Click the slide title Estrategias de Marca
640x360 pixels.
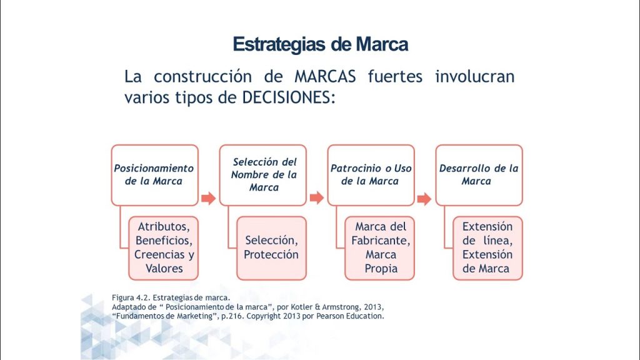(321, 44)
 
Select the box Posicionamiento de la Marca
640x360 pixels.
(155, 175)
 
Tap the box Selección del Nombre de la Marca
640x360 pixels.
(263, 175)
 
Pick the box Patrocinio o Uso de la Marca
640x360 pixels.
(371, 175)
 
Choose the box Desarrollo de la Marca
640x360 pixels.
(479, 175)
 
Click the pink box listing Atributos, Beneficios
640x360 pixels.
(164, 248)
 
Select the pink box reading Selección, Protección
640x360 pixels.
(271, 248)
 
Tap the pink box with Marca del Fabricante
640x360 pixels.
(380, 248)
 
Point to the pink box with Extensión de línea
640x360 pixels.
(487, 248)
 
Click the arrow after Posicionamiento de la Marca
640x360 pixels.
(209, 198)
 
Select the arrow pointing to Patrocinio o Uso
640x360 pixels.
(317, 198)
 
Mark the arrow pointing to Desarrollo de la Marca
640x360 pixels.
(424, 198)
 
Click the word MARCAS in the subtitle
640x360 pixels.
(325, 77)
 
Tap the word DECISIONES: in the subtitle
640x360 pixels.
(289, 98)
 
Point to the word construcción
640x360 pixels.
(203, 77)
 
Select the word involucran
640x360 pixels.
(475, 77)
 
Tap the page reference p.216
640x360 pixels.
(232, 316)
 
